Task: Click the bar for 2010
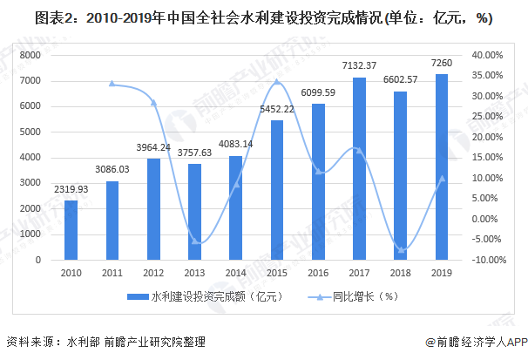[x=71, y=230]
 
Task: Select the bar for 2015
[x=277, y=190]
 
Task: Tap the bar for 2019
[x=442, y=166]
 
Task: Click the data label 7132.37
[x=359, y=66]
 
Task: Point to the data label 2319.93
[x=71, y=189]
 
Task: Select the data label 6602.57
[x=401, y=80]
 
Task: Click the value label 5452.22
[x=277, y=109]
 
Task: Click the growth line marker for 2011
[x=112, y=84]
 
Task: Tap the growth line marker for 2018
[x=401, y=250]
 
